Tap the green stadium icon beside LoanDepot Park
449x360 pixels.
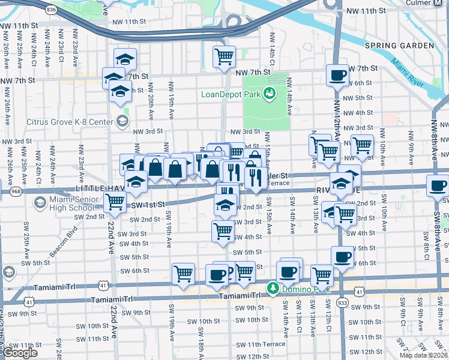pos(270,93)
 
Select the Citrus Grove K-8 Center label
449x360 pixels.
pos(70,122)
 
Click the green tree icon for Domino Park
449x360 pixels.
pos(273,289)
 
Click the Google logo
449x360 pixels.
pos(20,353)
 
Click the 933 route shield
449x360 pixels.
pos(343,302)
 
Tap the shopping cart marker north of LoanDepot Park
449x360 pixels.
pos(224,57)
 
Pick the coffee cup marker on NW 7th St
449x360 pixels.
pos(337,76)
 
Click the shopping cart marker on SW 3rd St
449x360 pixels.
pos(223,230)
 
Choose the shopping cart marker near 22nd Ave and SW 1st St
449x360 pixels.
pos(114,204)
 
